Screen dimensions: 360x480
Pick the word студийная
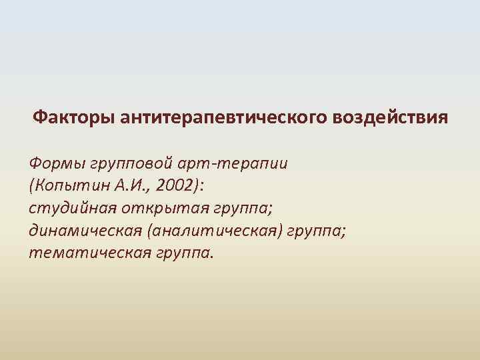coord(71,209)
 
